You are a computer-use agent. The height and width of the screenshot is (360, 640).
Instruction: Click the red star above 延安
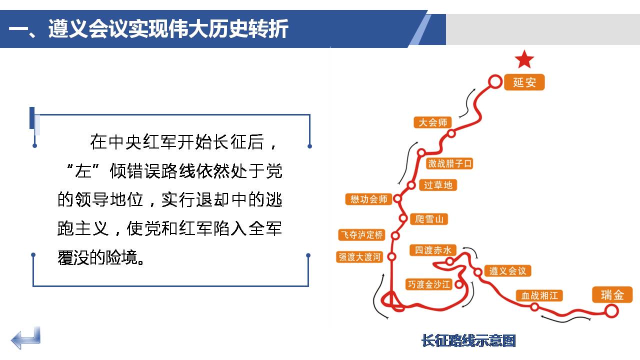coord(524,59)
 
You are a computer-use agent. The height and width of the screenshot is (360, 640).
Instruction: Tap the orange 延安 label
coord(524,82)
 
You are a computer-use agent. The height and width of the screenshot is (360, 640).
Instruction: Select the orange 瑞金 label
coord(612,294)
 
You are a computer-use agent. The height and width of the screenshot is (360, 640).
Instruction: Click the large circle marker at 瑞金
coord(611,311)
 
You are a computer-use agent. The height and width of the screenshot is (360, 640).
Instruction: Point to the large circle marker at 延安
coord(495,81)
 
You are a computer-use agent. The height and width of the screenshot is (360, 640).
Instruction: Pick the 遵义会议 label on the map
coord(507,271)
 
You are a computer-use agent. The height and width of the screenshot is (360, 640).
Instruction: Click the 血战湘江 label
coord(539,295)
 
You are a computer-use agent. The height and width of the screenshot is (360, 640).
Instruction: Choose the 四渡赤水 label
coord(433,250)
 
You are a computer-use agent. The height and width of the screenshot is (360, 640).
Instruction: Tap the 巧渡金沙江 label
coord(429,284)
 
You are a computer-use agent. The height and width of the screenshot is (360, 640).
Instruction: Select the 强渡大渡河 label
coord(359,257)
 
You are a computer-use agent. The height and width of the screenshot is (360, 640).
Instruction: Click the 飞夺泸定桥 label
coord(361,235)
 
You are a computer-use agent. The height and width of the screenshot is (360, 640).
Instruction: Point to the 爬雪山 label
coord(429,219)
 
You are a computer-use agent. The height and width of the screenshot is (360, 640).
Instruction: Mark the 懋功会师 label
coord(368,199)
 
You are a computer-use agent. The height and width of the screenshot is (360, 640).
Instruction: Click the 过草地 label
coord(438,185)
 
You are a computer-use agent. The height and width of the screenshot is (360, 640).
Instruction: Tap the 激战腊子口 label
coord(449,163)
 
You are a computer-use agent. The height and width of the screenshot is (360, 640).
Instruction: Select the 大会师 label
coord(432,122)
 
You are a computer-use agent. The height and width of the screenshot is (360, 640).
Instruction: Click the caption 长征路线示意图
coord(468,340)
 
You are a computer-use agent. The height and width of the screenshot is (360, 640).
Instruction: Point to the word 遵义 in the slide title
coord(68,28)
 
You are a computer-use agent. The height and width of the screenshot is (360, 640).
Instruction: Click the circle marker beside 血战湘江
coord(535,307)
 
